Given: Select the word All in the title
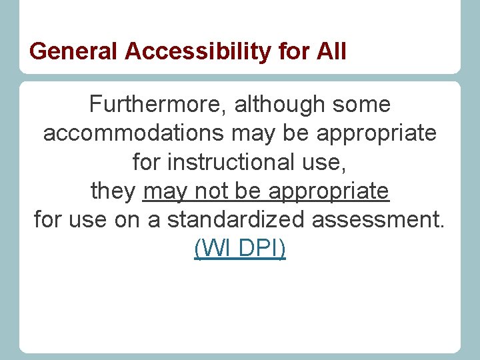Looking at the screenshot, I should tap(332, 51).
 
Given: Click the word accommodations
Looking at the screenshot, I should tap(133, 133).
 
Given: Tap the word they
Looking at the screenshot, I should tap(113, 191).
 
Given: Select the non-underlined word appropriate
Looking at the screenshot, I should tap(377, 133).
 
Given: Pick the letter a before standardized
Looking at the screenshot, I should tap(154, 220).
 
